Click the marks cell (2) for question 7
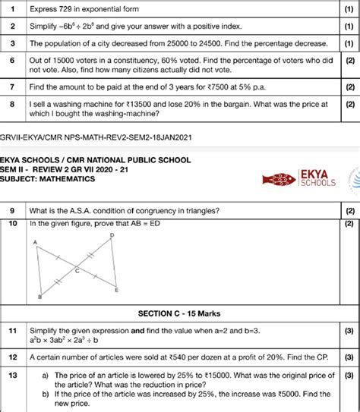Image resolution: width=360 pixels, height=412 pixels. (x=349, y=87)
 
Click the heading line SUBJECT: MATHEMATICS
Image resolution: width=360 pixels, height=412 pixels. (x=47, y=179)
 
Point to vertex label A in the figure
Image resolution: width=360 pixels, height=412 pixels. (x=35, y=241)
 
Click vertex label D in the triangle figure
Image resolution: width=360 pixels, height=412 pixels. (x=112, y=235)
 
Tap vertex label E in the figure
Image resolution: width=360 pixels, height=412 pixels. (x=115, y=289)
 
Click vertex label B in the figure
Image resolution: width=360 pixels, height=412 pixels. (x=39, y=297)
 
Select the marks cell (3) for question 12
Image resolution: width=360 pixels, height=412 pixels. (x=349, y=356)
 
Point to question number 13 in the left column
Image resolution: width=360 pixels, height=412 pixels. (x=12, y=374)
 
